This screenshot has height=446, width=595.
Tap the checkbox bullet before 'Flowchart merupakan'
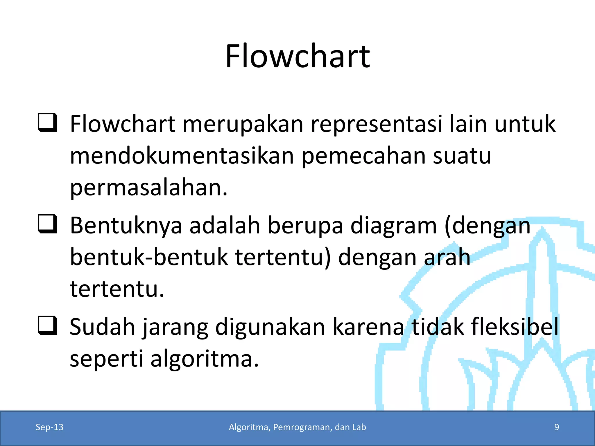coord(47,123)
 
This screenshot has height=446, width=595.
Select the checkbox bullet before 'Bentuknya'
coord(47,224)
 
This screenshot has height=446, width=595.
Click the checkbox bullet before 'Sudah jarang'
coord(47,325)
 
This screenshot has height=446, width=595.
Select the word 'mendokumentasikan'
coord(182,156)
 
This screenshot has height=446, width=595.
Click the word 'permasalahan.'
coord(149,188)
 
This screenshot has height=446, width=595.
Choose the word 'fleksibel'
coord(515,327)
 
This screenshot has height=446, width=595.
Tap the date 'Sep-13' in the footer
coord(49,427)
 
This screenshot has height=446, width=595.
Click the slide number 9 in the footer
coord(556,427)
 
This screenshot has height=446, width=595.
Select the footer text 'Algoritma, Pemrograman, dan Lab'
coord(297,427)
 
